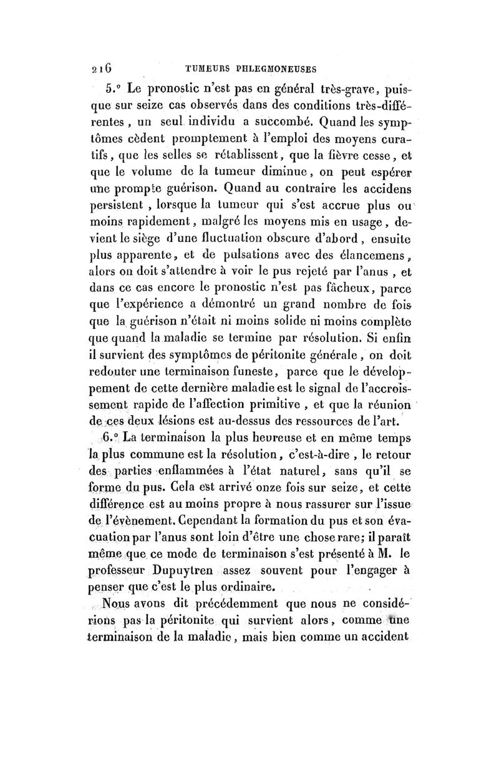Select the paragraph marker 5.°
coord(115,87)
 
